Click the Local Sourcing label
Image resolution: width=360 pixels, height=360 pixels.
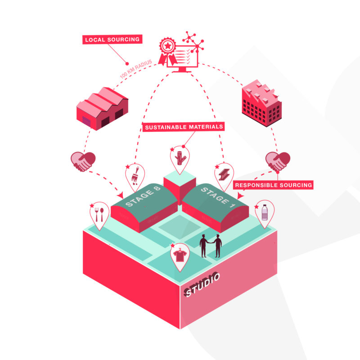[x=112, y=39]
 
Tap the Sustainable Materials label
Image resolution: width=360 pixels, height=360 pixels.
[x=184, y=127]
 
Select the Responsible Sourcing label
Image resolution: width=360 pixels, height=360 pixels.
[x=273, y=185]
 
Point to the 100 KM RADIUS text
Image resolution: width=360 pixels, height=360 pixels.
[x=136, y=69]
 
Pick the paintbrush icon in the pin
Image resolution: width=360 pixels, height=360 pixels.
[x=135, y=176]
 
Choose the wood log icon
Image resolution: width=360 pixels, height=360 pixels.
[x=180, y=158]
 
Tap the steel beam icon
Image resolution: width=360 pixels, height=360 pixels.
[x=224, y=175]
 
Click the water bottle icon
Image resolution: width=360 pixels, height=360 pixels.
[x=265, y=212]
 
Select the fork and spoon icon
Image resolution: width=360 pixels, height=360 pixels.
[x=99, y=215]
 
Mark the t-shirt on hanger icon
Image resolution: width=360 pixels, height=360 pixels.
[x=180, y=255]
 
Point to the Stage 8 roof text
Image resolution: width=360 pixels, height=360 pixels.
[x=143, y=196]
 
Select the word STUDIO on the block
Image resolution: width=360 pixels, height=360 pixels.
[x=202, y=284]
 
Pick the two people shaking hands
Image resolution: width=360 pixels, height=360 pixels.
[x=211, y=246]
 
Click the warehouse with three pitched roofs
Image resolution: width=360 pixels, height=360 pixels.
[x=103, y=108]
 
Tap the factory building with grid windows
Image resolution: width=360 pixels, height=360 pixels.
[x=262, y=103]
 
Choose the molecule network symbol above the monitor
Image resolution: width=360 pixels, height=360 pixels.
[x=193, y=42]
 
